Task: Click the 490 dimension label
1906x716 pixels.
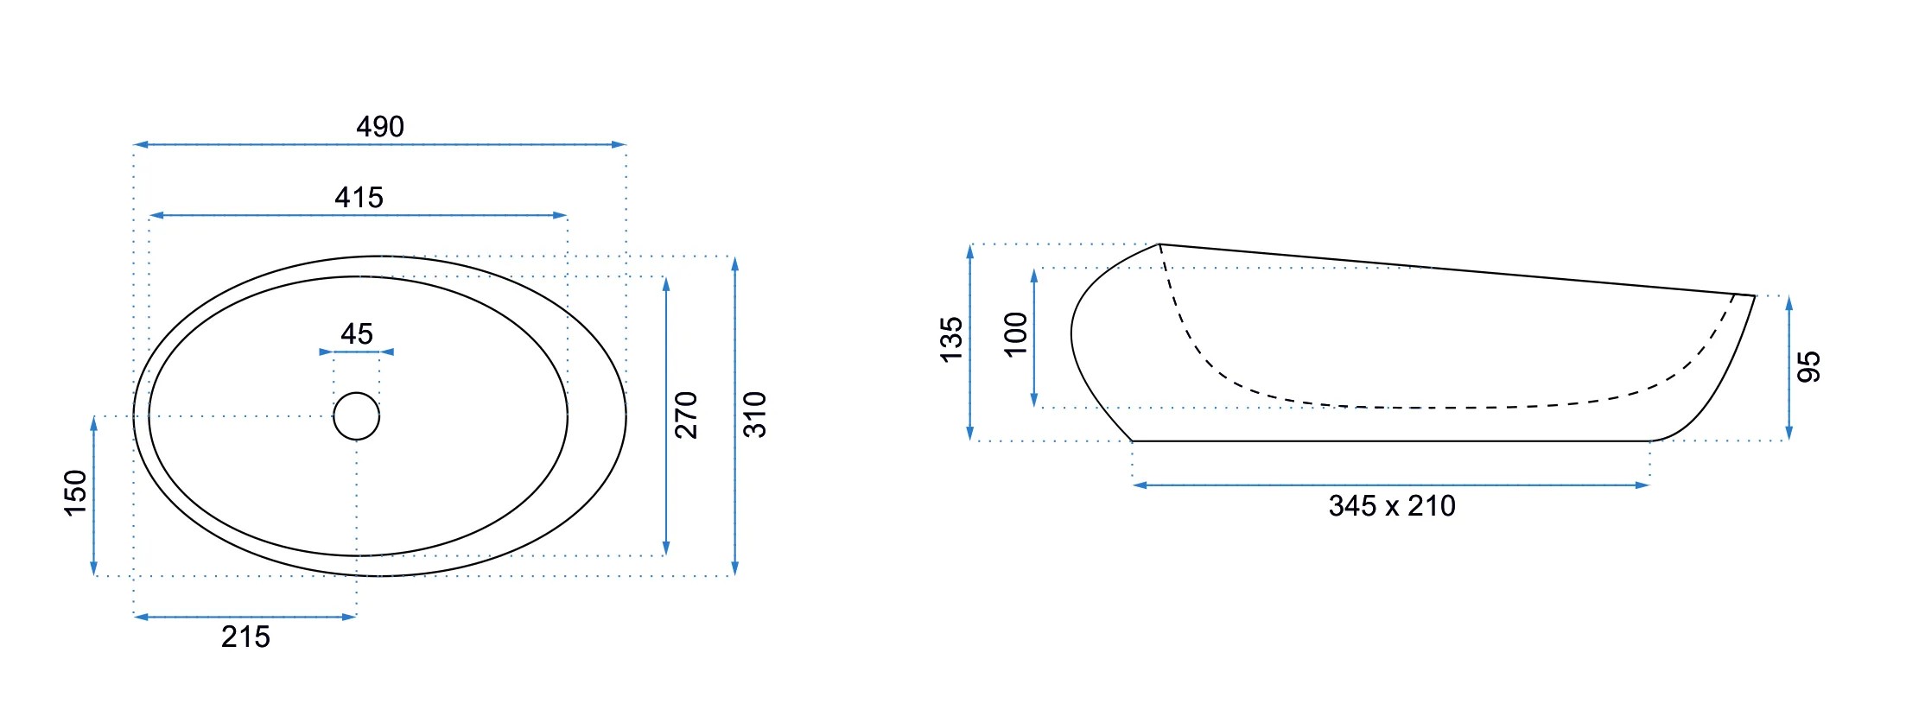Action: tap(380, 127)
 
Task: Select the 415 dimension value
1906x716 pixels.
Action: tap(359, 198)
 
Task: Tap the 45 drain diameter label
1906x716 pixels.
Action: tap(357, 333)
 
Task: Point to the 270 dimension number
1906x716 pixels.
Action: tap(686, 415)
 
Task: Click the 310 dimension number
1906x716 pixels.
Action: tap(755, 415)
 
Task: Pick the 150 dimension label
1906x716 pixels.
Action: tap(76, 493)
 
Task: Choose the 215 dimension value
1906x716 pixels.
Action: tap(245, 637)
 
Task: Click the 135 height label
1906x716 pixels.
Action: tap(951, 339)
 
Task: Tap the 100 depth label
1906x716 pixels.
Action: tap(1016, 334)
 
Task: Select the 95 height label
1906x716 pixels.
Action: tap(1809, 367)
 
